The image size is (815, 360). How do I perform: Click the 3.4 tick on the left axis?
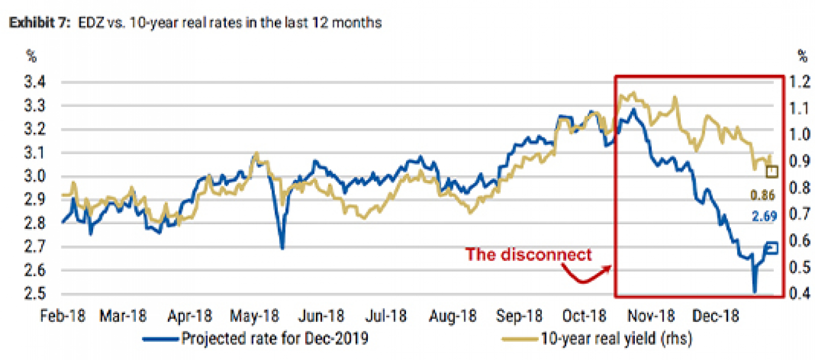34,82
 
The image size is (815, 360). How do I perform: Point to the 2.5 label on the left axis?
34,294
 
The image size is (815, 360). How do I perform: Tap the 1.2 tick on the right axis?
800,82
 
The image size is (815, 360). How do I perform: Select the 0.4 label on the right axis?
800,293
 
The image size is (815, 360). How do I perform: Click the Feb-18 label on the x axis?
62,316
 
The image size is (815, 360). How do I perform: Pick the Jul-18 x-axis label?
385,316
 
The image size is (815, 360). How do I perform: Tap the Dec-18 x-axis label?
715,316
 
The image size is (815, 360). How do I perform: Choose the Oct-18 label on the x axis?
584,316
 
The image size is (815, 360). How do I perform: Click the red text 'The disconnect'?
528,255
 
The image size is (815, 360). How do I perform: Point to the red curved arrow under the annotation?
584,278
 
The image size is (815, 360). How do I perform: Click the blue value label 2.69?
764,217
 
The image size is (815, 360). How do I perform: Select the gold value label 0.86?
762,195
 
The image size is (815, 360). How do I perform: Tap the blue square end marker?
772,248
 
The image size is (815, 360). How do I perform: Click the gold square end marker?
772,172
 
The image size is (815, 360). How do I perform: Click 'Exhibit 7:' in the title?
39,23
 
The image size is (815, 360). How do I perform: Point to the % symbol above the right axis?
802,56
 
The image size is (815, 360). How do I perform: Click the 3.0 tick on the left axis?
34,176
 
